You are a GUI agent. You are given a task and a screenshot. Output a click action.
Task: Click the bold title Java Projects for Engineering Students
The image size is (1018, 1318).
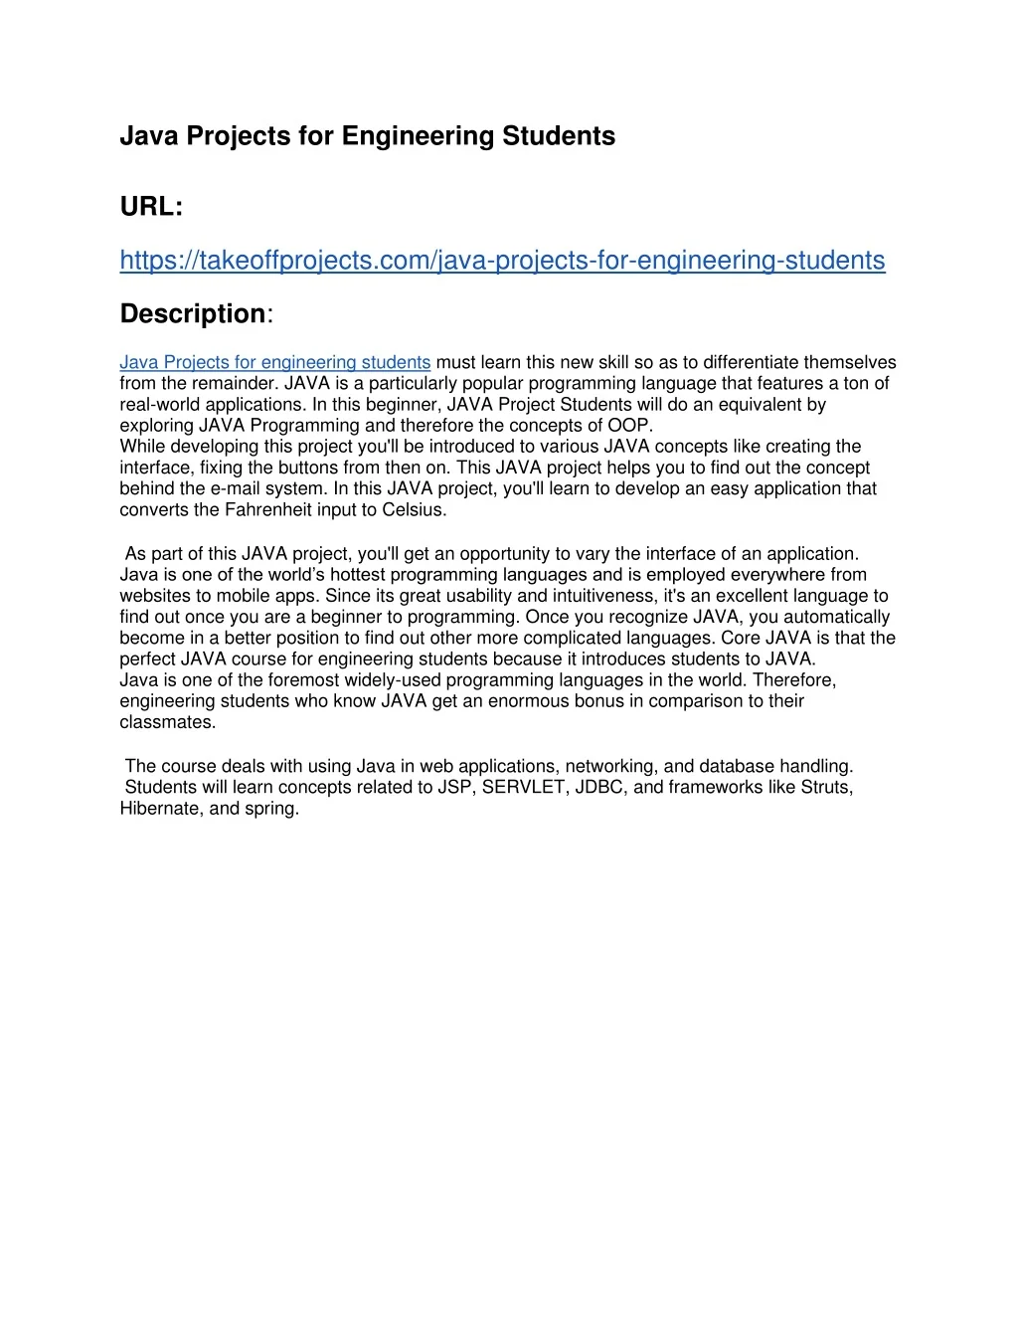(367, 136)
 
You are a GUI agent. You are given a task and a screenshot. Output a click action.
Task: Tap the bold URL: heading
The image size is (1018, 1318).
(151, 207)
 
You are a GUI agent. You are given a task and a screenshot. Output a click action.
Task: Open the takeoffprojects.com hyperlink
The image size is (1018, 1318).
(502, 261)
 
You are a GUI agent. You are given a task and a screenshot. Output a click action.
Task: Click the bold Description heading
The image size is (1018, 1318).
(193, 314)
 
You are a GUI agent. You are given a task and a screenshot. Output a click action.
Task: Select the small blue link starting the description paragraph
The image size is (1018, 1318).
(274, 363)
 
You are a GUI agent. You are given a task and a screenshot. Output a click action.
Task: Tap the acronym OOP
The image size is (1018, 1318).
(628, 426)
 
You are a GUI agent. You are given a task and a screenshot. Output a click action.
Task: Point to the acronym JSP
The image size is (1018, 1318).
(454, 788)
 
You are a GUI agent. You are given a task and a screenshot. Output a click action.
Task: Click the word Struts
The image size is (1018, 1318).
(827, 788)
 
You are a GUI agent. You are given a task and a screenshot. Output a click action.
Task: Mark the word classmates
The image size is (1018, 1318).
(166, 723)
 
